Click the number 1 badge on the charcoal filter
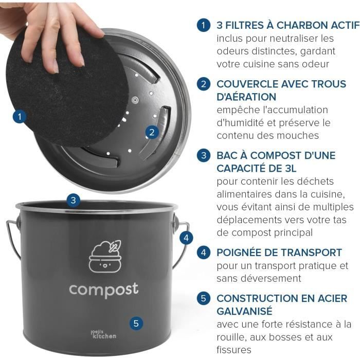coord(20,116)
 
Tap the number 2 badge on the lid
coord(151,132)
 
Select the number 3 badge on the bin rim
coord(74,201)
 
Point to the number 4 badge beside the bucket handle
coord(187,238)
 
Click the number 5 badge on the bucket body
coord(136,323)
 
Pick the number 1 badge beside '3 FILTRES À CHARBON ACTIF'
coord(203,25)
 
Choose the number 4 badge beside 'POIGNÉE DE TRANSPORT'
coord(203,253)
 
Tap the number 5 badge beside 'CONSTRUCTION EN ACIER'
coord(203,298)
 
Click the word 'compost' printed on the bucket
coord(103,290)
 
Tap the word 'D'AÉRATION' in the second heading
coord(246,97)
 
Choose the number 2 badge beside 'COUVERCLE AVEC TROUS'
coord(203,84)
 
